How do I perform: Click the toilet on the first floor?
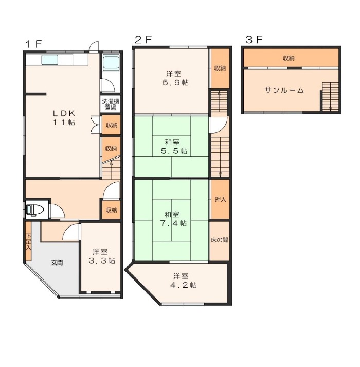(35, 209)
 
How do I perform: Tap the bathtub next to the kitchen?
(111, 63)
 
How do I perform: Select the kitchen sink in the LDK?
(49, 60)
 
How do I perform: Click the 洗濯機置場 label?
(110, 104)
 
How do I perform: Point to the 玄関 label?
(57, 263)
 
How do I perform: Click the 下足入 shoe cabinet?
(28, 241)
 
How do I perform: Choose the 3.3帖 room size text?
(101, 260)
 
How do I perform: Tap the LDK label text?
(64, 114)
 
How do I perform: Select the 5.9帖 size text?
(175, 83)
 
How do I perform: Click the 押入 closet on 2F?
(220, 199)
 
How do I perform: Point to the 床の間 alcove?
(220, 240)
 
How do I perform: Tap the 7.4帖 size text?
(173, 223)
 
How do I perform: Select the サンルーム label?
(284, 90)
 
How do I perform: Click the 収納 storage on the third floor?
(291, 58)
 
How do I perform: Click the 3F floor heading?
(254, 40)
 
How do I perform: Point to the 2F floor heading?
(143, 40)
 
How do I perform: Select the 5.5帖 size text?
(174, 151)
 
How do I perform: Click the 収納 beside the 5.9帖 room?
(220, 68)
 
